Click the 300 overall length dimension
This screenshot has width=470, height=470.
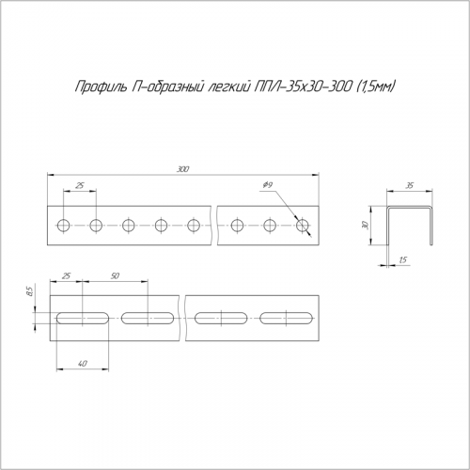pos(183,169)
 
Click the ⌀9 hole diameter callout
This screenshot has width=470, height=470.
pos(267,185)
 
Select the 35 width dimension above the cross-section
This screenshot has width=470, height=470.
pos(410,186)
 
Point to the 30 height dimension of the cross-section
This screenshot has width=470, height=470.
pos(366,225)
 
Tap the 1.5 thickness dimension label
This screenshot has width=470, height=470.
pos(403,259)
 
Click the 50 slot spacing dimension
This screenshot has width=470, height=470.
pos(115,276)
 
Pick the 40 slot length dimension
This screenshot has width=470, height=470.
pos(83,364)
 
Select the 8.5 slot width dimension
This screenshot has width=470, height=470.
pos(30,292)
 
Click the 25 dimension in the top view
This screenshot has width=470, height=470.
pos(80,185)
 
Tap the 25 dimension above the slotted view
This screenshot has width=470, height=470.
pos(66,276)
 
